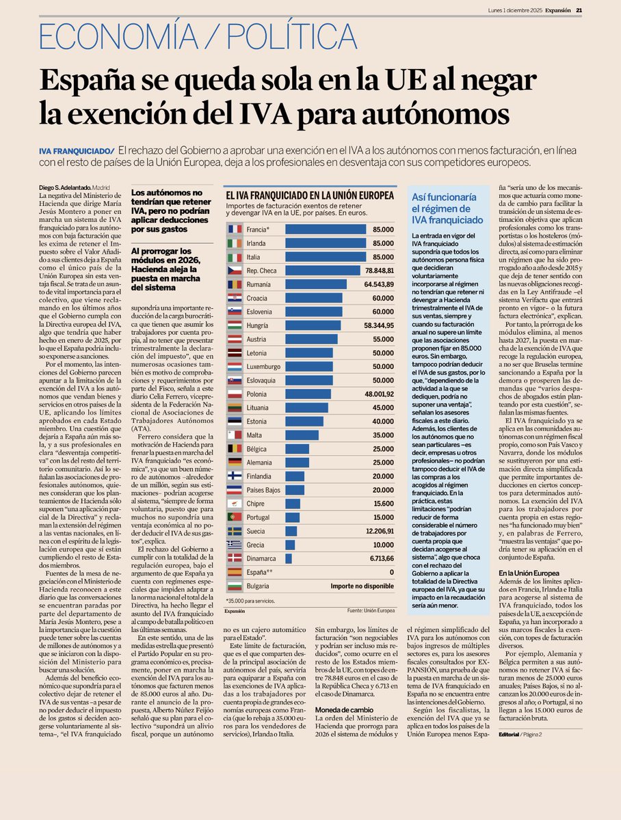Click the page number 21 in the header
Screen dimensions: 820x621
(579, 10)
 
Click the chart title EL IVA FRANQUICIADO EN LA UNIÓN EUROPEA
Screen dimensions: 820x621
(310, 195)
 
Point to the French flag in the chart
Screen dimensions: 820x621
(235, 229)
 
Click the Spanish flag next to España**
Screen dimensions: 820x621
(235, 572)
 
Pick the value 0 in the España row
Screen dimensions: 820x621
(391, 572)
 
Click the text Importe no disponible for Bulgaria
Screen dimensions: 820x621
(362, 586)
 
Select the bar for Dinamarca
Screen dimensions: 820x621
(288, 558)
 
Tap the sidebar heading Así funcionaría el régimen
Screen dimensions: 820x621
(445, 208)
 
